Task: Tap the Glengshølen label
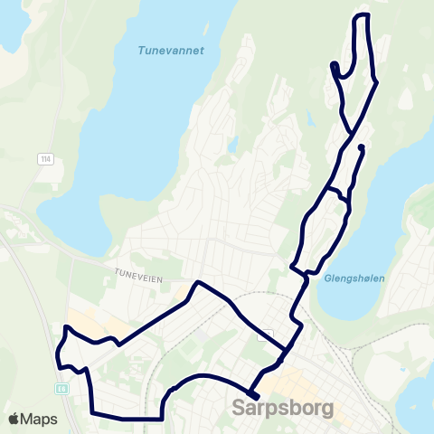[x=352, y=279]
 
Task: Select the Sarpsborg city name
[x=282, y=408]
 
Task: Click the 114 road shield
[x=44, y=159]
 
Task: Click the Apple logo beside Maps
[x=14, y=419]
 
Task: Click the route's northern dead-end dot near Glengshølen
[x=361, y=147]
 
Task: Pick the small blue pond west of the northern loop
[x=232, y=142]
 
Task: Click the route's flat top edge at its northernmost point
[x=363, y=15]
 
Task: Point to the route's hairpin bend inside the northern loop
[x=335, y=65]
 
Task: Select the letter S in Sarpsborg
[x=239, y=408]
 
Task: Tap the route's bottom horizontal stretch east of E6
[x=127, y=418]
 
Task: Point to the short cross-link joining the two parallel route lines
[x=336, y=193]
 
